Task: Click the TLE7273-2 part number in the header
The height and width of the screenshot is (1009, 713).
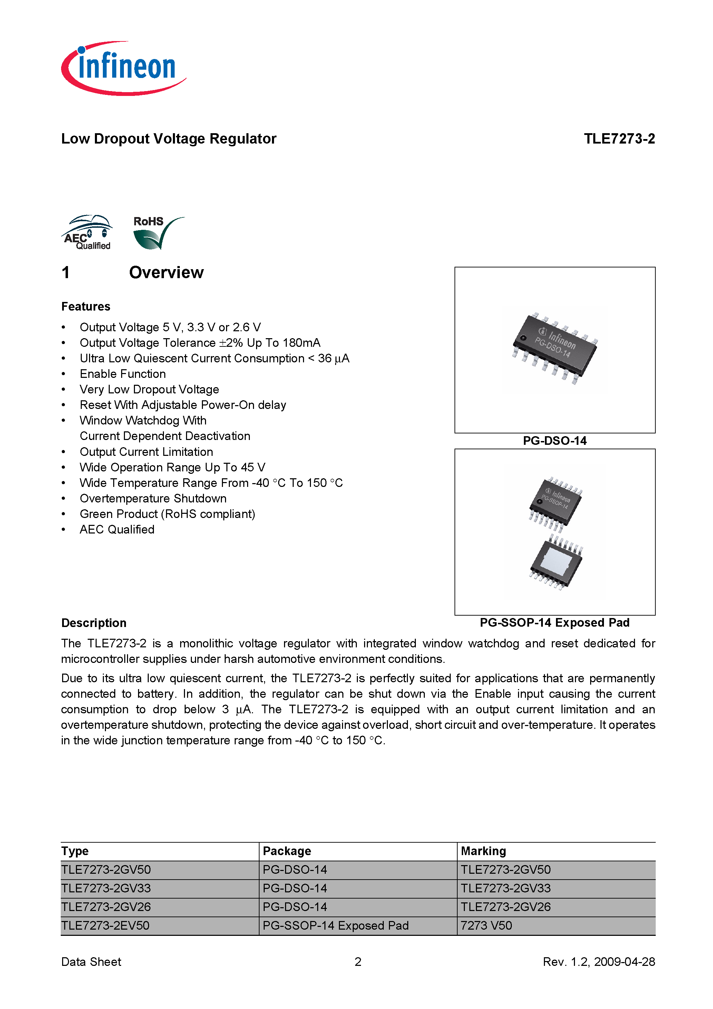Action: (619, 138)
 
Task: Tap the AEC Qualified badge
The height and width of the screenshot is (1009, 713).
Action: (87, 233)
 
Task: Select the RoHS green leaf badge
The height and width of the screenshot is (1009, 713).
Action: (157, 233)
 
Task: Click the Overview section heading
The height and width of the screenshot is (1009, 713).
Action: (166, 273)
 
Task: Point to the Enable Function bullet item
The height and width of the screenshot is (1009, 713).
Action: (123, 374)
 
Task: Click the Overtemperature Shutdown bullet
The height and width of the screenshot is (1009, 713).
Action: (153, 498)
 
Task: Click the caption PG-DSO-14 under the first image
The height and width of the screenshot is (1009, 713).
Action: (555, 441)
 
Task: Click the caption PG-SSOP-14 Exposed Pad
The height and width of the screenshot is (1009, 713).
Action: (555, 623)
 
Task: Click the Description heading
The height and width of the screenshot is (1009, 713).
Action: (94, 623)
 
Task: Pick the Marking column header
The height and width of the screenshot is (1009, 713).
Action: (483, 851)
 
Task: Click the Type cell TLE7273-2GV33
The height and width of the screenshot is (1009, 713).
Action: (106, 888)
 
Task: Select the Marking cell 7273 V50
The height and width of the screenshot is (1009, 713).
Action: (486, 925)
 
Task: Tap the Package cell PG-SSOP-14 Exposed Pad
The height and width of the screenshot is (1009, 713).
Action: (335, 925)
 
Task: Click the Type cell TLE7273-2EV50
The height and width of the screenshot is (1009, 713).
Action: (106, 925)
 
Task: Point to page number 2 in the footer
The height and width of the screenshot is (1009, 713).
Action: (358, 962)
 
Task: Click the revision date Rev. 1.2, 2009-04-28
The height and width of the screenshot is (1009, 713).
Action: (599, 962)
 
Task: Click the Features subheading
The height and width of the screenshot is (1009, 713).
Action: (86, 306)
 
